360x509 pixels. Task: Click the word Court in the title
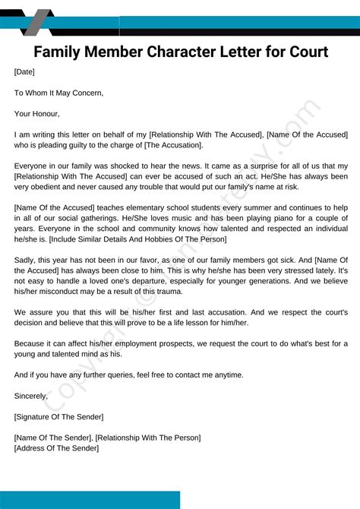tap(302, 52)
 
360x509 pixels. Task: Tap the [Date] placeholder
tap(24, 72)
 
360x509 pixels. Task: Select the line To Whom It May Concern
tap(58, 93)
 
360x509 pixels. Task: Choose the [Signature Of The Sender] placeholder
tap(58, 416)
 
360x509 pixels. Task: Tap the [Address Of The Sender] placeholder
tap(56, 448)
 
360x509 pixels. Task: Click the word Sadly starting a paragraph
tap(25, 260)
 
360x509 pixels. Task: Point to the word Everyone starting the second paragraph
tap(32, 166)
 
